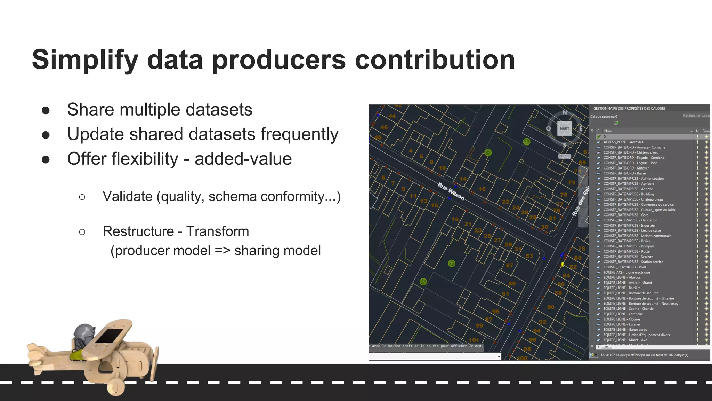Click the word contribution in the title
click(x=435, y=60)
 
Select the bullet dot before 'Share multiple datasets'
click(x=46, y=110)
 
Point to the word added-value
click(x=243, y=159)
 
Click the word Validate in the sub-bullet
click(x=127, y=197)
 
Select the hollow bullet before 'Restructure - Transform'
click(x=82, y=232)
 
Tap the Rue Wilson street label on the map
click(x=451, y=191)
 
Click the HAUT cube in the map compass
click(x=564, y=128)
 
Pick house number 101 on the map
click(x=474, y=340)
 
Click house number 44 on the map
click(x=392, y=116)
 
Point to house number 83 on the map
click(x=529, y=256)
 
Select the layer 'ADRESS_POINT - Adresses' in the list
click(x=623, y=142)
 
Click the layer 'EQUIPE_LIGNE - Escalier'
click(x=621, y=324)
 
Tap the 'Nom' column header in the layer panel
click(x=608, y=131)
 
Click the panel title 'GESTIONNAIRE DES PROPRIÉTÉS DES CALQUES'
click(x=629, y=109)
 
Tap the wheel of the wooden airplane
click(x=116, y=386)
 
